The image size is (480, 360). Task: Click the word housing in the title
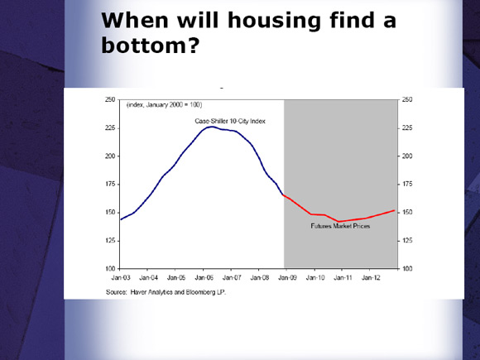click(x=274, y=22)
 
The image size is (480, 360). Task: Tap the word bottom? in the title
click(x=151, y=46)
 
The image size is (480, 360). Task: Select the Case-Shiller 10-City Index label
click(x=230, y=121)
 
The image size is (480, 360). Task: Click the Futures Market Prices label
click(x=340, y=226)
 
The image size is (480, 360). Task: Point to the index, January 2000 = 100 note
click(x=165, y=105)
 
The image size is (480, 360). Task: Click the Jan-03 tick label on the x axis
click(x=121, y=277)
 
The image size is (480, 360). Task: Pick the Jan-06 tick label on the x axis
click(x=204, y=277)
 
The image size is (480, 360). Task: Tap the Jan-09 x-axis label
click(x=287, y=277)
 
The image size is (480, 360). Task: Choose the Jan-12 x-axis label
click(x=371, y=277)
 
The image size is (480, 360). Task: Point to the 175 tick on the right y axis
click(x=407, y=184)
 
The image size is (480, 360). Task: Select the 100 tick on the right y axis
click(x=407, y=269)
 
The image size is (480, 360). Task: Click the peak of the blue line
click(x=212, y=127)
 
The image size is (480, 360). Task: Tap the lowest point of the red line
click(x=338, y=221)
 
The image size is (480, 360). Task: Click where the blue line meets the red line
click(x=284, y=195)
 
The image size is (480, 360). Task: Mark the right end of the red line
click(x=394, y=210)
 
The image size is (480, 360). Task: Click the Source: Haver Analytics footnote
click(x=166, y=292)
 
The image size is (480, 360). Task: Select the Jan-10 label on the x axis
click(x=315, y=277)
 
